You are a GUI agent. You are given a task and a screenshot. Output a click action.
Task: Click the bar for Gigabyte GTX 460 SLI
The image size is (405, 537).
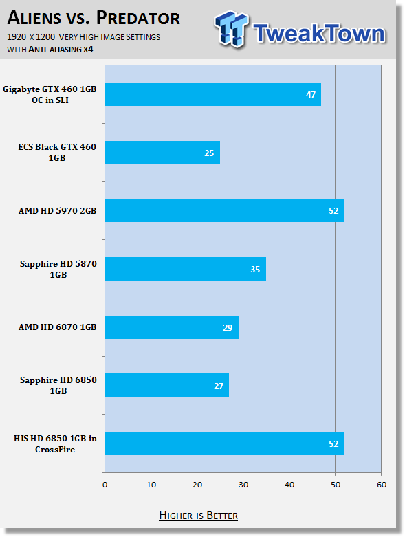click(x=213, y=94)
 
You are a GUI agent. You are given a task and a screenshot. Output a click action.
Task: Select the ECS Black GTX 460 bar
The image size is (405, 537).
click(x=162, y=153)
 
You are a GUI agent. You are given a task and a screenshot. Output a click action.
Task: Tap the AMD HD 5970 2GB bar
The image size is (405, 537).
click(x=225, y=210)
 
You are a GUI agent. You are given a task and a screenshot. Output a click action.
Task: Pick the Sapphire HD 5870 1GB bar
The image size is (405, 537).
click(x=186, y=269)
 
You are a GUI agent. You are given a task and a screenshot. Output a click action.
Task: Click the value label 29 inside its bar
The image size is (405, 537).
click(x=228, y=328)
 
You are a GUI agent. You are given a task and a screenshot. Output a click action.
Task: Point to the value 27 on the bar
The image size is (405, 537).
click(x=219, y=386)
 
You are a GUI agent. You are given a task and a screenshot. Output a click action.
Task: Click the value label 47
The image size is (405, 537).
click(x=311, y=94)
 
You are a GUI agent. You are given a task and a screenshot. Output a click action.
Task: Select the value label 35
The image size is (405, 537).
click(x=255, y=269)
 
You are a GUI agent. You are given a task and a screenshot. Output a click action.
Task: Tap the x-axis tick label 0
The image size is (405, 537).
click(x=105, y=485)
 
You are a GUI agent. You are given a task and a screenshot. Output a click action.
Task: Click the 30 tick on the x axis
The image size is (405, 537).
click(x=243, y=485)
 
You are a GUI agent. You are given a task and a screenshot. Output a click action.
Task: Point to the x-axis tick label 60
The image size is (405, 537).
click(x=382, y=485)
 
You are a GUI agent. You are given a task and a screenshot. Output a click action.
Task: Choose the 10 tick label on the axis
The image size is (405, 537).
click(x=151, y=485)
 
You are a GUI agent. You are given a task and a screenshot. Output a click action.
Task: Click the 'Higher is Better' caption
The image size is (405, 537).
click(x=199, y=516)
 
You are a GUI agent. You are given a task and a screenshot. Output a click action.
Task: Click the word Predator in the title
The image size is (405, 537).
click(x=138, y=18)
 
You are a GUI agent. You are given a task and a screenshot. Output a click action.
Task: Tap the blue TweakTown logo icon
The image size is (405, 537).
click(x=231, y=29)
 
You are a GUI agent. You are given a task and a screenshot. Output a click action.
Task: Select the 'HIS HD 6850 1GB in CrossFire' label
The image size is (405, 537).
click(x=55, y=444)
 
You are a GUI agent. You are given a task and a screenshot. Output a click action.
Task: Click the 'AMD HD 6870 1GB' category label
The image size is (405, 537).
click(x=58, y=327)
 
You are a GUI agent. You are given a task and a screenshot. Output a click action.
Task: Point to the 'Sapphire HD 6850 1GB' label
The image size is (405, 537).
click(x=58, y=385)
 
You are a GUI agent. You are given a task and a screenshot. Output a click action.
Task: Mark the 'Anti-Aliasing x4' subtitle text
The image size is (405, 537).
click(x=61, y=50)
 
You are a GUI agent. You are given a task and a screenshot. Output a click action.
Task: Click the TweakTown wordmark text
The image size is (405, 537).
click(x=320, y=33)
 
